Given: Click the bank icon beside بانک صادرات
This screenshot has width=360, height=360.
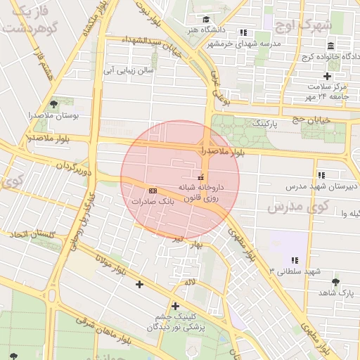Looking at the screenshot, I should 153,191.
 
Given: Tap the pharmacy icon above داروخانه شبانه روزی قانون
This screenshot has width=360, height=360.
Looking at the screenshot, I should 201,176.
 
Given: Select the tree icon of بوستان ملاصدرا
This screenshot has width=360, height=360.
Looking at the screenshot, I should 54,103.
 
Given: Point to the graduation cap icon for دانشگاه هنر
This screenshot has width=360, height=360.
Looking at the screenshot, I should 206,20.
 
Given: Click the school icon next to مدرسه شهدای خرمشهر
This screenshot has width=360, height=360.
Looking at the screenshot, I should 243,32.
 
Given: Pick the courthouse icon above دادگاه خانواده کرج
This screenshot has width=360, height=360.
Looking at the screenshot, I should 328,46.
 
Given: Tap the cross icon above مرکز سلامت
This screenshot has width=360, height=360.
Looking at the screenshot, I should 327,76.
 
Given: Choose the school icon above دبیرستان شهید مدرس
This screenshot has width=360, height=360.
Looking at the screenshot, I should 321,175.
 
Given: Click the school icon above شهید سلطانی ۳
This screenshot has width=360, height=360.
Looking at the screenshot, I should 295,260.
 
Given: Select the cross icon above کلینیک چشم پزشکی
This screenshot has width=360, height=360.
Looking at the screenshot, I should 175,306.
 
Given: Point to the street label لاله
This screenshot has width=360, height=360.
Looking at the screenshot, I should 190,282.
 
